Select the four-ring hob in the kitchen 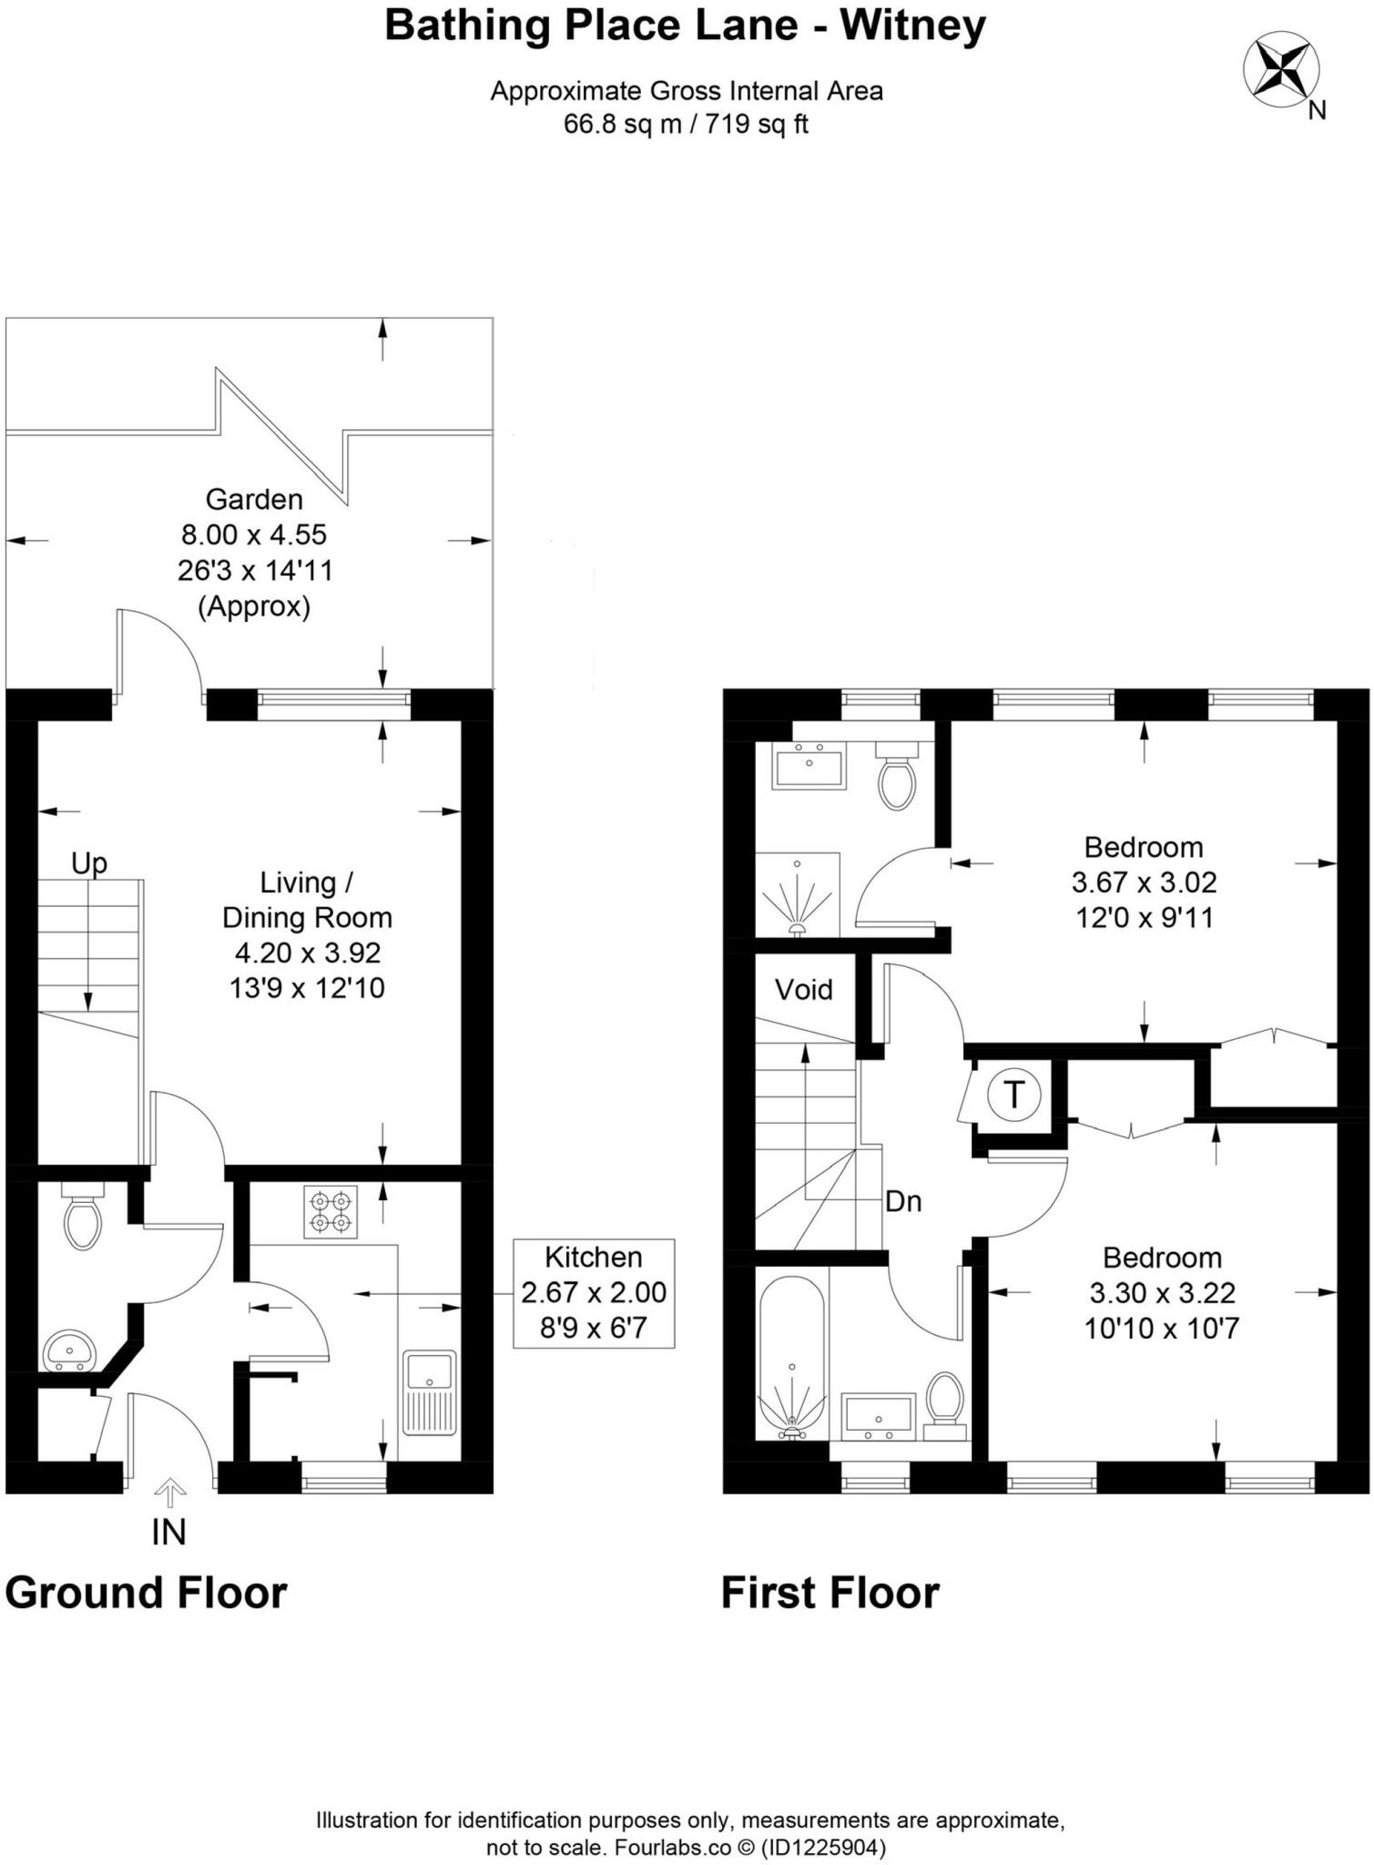pos(331,1212)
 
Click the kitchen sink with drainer pos(430,1391)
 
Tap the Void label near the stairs pos(803,989)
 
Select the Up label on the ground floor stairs pos(89,863)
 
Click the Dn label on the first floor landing pos(903,1201)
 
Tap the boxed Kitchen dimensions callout pos(594,1292)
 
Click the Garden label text pos(254,499)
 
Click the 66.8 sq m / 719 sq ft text pos(686,124)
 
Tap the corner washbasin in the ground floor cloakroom pos(67,1350)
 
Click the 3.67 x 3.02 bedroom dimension pos(1144,882)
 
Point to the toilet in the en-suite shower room pos(898,777)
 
